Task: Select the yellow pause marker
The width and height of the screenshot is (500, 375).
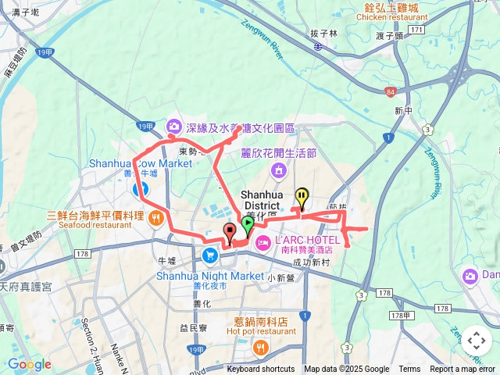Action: tap(302, 197)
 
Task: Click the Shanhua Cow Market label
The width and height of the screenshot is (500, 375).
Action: tap(141, 164)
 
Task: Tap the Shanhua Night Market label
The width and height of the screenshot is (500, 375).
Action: tap(210, 276)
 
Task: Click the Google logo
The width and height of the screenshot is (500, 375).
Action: tap(29, 364)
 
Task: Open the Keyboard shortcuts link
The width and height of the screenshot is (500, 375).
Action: tap(261, 370)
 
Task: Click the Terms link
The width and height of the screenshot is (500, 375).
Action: tap(409, 370)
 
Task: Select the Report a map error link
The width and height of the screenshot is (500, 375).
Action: tap(463, 370)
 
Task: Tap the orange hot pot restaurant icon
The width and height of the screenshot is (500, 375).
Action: tap(260, 348)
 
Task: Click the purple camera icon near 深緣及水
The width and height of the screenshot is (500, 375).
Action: tap(173, 125)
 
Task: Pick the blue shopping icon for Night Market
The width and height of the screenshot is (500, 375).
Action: tap(210, 256)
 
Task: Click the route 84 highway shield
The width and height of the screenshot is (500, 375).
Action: tap(390, 92)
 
